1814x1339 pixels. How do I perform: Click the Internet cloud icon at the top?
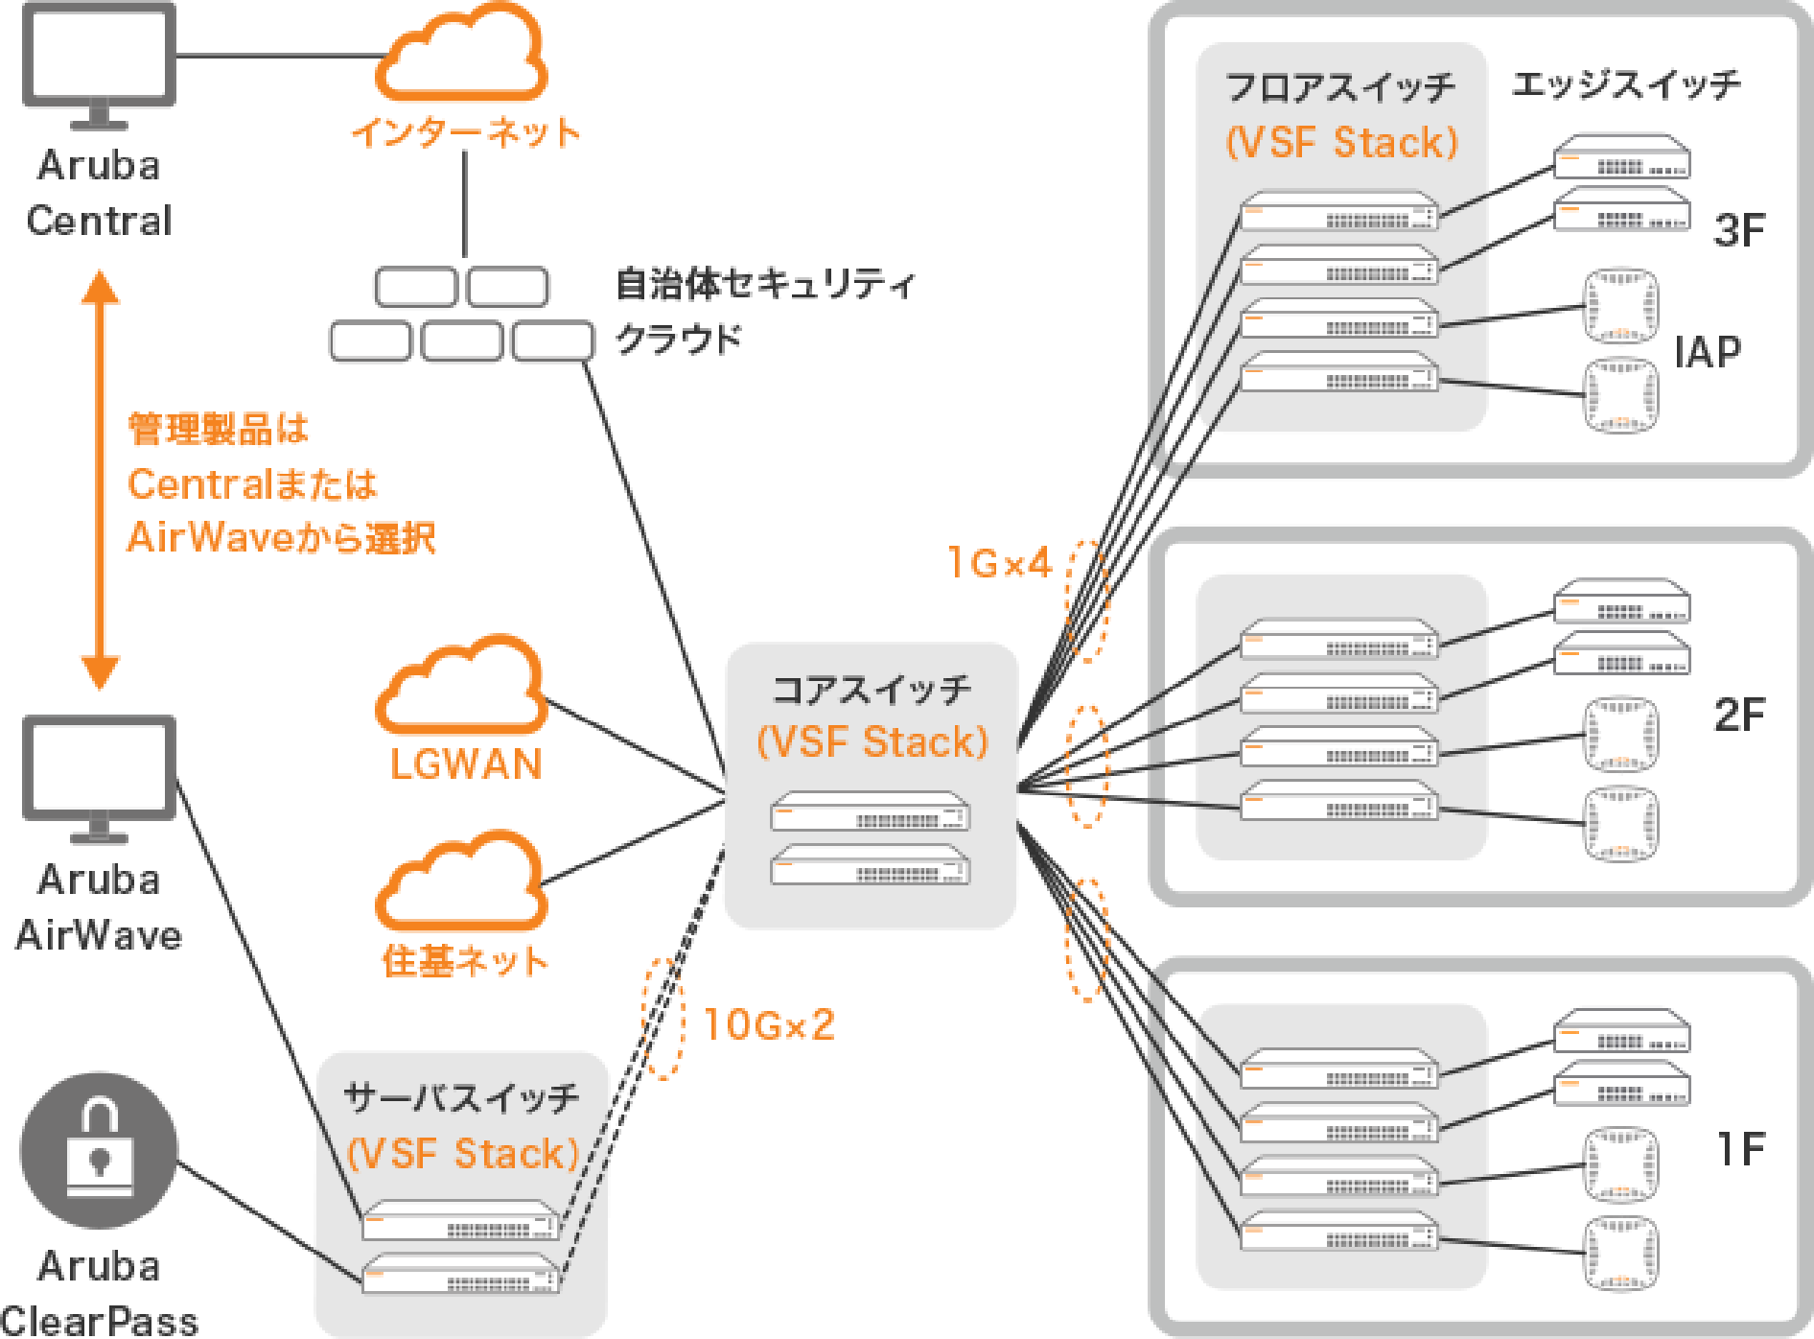461,56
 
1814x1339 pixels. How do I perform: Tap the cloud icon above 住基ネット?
461,883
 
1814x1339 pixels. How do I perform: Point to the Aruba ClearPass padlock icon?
99,1150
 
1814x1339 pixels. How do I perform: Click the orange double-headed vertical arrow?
99,480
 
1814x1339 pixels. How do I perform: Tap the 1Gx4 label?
999,563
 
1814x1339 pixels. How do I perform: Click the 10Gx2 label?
769,1024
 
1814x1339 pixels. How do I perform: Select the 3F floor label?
1738,230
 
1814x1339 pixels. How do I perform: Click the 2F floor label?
1738,715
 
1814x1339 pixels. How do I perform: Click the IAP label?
1708,352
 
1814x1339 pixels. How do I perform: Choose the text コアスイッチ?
871,689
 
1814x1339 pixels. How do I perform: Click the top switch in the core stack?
870,811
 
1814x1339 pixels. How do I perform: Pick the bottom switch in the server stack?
460,1274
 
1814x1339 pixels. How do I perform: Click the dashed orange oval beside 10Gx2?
663,1018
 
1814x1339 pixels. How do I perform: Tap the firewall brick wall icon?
461,315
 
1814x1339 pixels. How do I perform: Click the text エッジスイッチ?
1625,84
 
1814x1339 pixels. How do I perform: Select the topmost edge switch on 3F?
1621,157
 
